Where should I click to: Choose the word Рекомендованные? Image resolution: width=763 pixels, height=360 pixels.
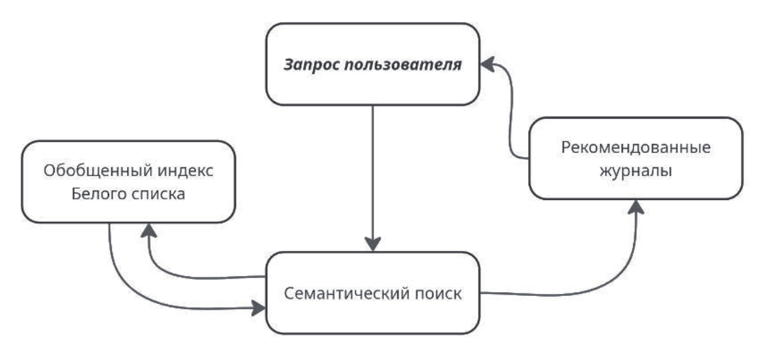(635, 147)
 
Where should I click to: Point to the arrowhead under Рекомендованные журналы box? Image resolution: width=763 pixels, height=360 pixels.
(637, 207)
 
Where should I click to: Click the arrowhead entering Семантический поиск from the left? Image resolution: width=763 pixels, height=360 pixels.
(258, 309)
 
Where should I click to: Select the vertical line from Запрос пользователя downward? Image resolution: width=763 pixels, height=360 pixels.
(373, 173)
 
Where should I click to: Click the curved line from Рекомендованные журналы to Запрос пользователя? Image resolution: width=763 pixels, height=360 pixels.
(512, 113)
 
